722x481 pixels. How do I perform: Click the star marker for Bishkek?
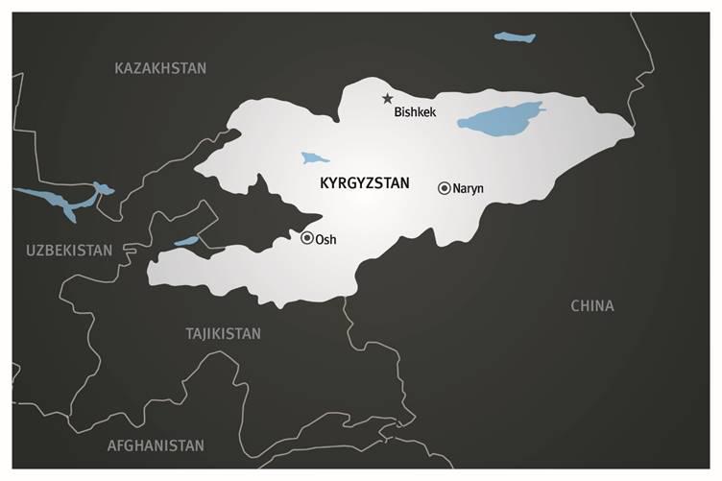[x=388, y=98]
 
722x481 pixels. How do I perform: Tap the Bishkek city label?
[x=415, y=113]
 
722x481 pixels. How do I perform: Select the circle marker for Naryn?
[x=444, y=188]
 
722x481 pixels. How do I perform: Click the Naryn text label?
[x=469, y=188]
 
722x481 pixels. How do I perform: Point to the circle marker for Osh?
[x=307, y=238]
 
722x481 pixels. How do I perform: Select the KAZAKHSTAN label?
[x=160, y=68]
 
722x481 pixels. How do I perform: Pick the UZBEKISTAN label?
[x=69, y=250]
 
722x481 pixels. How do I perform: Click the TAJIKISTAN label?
[x=223, y=333]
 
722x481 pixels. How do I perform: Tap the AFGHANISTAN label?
[x=156, y=445]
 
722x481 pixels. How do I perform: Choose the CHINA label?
[x=591, y=306]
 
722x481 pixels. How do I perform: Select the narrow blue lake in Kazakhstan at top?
[x=514, y=38]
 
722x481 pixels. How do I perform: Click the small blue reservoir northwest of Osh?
[x=186, y=241]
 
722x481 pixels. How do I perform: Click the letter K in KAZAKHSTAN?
[x=119, y=68]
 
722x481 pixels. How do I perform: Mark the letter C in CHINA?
[x=575, y=306]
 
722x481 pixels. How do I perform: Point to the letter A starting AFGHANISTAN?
[x=111, y=445]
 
